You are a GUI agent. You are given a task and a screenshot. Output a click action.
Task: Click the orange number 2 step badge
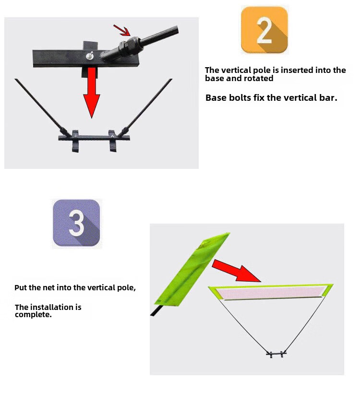point(264,30)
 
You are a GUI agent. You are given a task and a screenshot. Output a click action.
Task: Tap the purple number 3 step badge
point(76,223)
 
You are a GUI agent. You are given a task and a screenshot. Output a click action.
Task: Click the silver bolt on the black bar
point(89,56)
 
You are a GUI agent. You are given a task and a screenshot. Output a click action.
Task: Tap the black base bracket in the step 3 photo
point(276,355)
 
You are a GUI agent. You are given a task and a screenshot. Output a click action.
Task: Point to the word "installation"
point(57,307)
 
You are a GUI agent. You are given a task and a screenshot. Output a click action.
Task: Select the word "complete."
point(33,315)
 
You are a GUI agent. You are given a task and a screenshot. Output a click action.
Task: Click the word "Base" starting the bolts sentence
point(216,98)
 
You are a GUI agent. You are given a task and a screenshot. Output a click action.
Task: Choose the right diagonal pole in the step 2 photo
point(149,103)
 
